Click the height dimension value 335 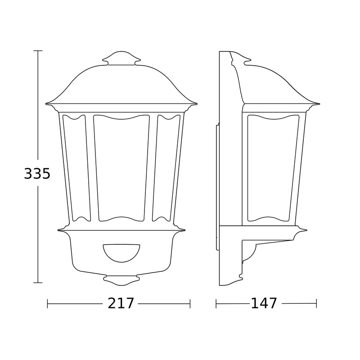tap(37, 173)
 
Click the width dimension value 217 tap(121, 303)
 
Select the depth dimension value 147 tap(264, 303)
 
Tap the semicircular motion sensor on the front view tap(121, 252)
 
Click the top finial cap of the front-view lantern tap(121, 58)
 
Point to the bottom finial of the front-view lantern tap(121, 280)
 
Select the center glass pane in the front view tap(121, 168)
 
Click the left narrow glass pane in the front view tap(76, 168)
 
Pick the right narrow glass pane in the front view tap(166, 168)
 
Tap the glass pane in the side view tap(273, 168)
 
